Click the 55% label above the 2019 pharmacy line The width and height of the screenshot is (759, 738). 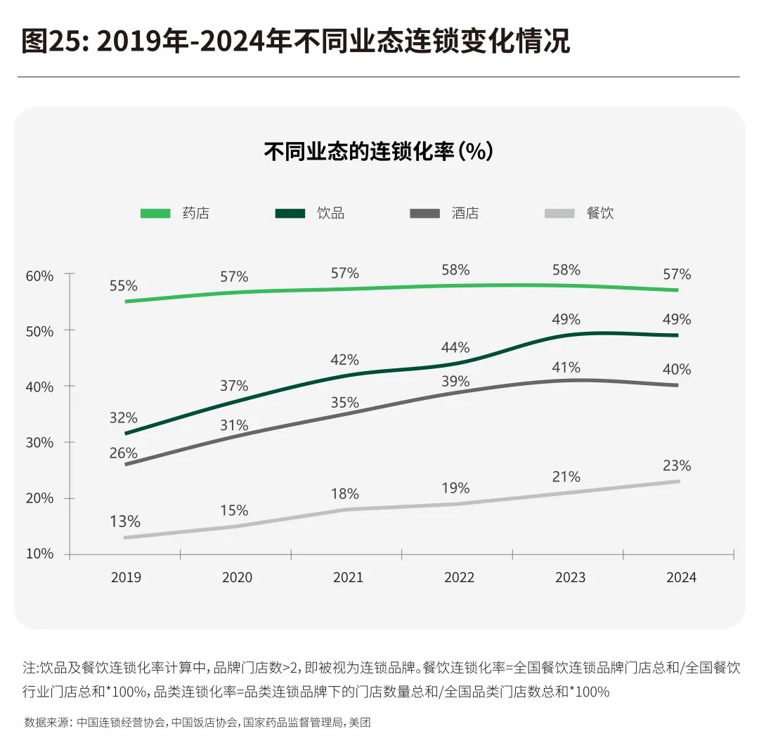tap(123, 286)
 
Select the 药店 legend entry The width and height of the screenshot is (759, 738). tap(195, 213)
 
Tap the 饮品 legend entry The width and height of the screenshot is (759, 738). tap(330, 213)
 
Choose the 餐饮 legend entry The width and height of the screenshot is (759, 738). tap(599, 213)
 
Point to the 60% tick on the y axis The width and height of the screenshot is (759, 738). tap(39, 276)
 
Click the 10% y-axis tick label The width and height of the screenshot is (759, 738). tap(39, 554)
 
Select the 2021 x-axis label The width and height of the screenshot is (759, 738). tap(348, 578)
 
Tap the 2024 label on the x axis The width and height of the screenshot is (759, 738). tap(681, 578)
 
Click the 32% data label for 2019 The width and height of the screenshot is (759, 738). tap(123, 417)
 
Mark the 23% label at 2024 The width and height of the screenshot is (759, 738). tap(677, 465)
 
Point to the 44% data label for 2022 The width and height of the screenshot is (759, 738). tap(456, 347)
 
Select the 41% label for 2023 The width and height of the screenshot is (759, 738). tap(566, 367)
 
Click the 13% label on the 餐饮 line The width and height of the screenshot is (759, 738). tap(126, 522)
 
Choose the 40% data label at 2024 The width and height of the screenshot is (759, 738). tap(677, 369)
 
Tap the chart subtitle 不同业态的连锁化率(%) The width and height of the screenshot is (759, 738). tap(379, 151)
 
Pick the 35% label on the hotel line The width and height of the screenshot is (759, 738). tap(345, 403)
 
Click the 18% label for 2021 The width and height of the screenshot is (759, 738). tap(345, 493)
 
